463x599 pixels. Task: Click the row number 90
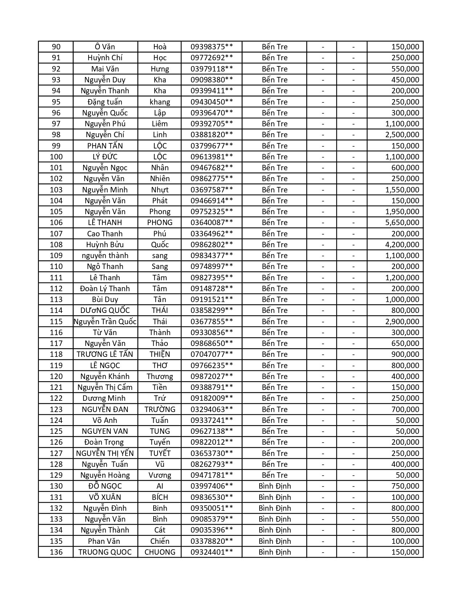[x=56, y=47]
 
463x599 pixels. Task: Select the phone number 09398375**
[x=212, y=47]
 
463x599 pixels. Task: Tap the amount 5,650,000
[x=402, y=223]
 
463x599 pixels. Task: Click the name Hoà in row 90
[x=160, y=47]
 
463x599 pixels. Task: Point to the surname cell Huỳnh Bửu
[x=105, y=245]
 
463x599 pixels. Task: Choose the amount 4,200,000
[x=402, y=245]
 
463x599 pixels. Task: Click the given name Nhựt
[x=160, y=190]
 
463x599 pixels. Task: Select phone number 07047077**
[x=212, y=354]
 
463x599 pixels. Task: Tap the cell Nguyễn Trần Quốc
[x=105, y=322]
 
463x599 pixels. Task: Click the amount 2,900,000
[x=402, y=322]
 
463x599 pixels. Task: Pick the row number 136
[x=56, y=552]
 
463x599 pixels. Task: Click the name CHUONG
[x=160, y=552]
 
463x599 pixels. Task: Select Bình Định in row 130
[x=275, y=486]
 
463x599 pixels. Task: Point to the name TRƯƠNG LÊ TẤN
[x=105, y=354]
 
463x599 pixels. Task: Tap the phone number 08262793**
[x=212, y=464]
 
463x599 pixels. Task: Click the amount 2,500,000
[x=402, y=135]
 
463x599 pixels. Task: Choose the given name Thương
[x=160, y=376]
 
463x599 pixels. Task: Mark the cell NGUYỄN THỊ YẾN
[x=105, y=453]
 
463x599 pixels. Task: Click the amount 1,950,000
[x=402, y=212]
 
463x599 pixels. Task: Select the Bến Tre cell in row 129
[x=275, y=475]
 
